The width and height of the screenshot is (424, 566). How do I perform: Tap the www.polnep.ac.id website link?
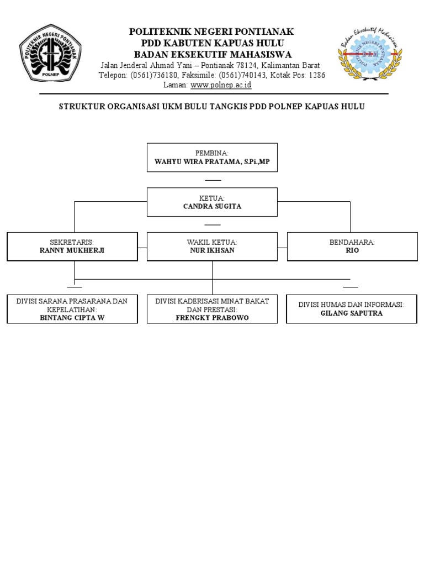tap(221, 85)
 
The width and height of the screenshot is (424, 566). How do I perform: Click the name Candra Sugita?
tap(212, 206)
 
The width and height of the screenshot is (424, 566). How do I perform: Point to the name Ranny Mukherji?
tap(72, 250)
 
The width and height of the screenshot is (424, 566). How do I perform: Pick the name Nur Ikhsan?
tap(212, 250)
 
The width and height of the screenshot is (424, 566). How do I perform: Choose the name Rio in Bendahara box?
tap(352, 250)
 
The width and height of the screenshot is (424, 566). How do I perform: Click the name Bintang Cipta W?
tap(72, 318)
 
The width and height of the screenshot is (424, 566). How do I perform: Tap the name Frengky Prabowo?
tap(212, 318)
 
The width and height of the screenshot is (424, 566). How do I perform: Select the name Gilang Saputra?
tap(352, 313)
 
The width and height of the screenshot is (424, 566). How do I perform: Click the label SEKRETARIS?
tap(72, 242)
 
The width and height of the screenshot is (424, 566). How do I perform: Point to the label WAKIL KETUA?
tap(212, 242)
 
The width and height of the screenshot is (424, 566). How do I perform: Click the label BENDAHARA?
tap(352, 242)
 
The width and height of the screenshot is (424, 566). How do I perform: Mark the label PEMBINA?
tap(212, 153)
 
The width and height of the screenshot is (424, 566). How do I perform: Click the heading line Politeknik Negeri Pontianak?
tap(211, 32)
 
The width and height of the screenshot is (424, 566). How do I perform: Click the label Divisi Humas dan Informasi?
tap(351, 305)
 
